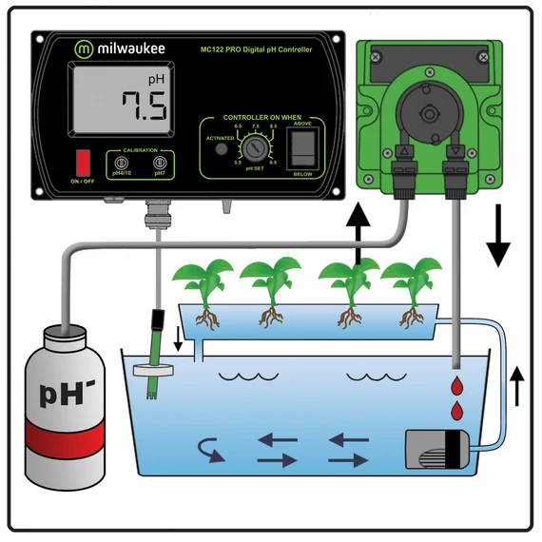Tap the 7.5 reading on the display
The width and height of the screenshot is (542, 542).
[140, 105]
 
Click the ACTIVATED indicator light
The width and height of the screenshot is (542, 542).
[221, 148]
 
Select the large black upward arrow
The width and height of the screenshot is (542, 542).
[358, 227]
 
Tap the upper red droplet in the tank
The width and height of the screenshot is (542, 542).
[458, 385]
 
